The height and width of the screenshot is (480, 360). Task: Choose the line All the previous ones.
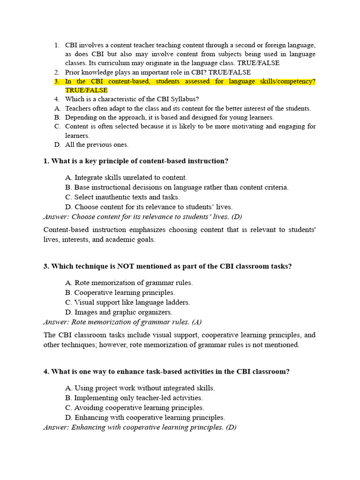[97, 144]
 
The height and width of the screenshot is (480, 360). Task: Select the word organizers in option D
[157, 312]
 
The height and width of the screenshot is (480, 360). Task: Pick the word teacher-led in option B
[146, 398]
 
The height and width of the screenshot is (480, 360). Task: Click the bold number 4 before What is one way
[46, 372]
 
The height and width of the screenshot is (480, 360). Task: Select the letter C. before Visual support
[68, 302]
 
